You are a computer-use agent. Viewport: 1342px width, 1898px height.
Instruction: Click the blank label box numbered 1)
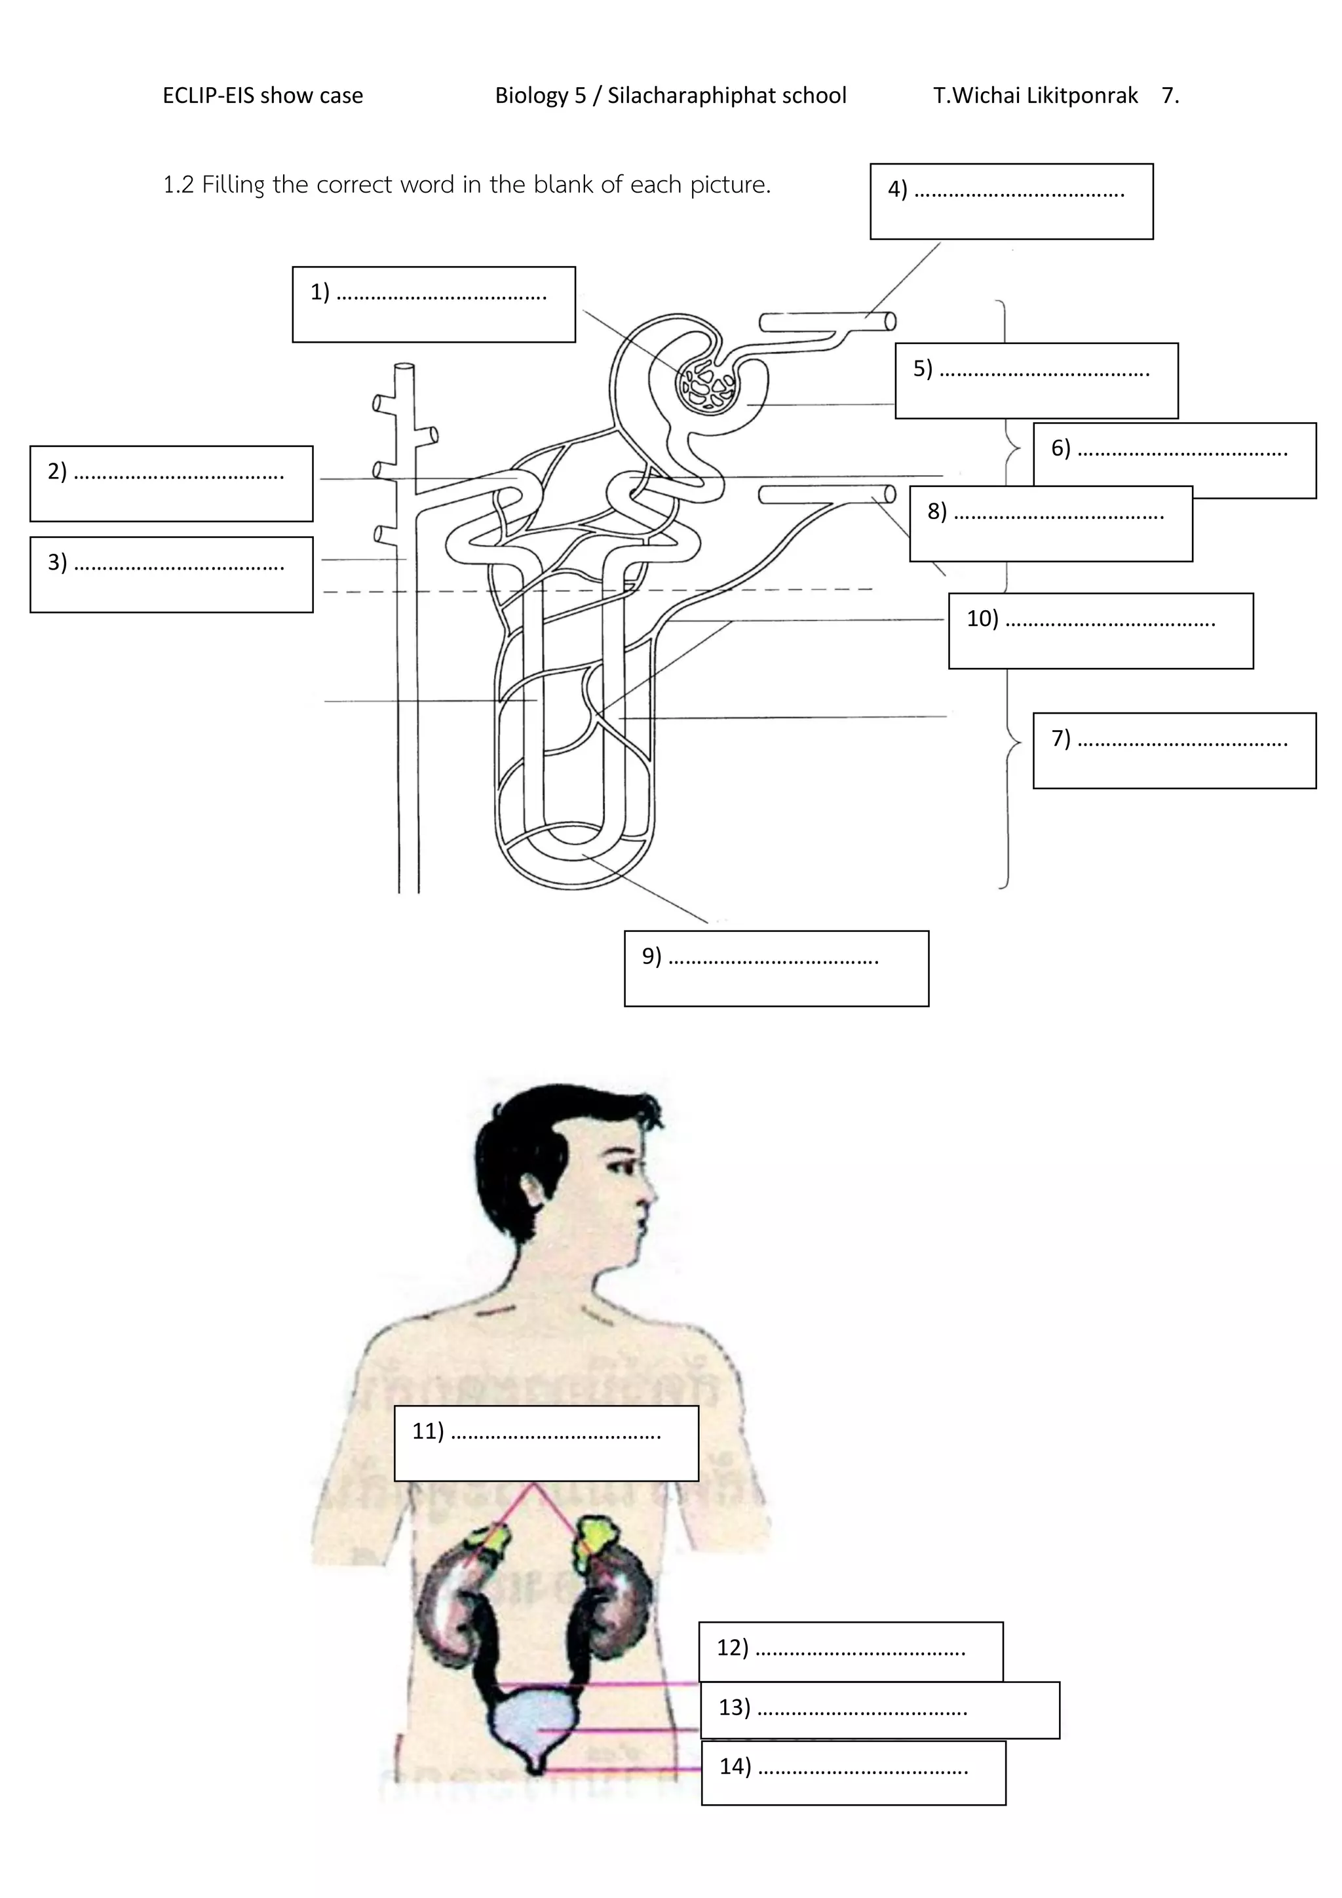(x=433, y=304)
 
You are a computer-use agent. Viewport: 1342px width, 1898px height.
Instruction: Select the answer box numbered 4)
(x=1012, y=202)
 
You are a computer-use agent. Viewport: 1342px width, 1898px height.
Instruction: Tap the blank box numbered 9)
(x=776, y=968)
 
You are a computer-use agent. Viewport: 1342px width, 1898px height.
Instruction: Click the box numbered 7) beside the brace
(x=1174, y=750)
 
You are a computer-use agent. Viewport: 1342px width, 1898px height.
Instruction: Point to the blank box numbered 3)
(x=171, y=575)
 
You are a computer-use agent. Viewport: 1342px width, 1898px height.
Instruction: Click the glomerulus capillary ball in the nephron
(x=706, y=386)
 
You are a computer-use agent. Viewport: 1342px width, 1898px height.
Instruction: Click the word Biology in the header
(x=533, y=96)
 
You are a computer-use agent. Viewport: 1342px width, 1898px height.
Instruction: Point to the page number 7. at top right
(x=1170, y=96)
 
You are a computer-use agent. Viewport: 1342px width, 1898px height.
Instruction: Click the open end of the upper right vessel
(x=890, y=322)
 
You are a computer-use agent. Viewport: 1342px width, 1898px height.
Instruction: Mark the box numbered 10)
(x=1100, y=630)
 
